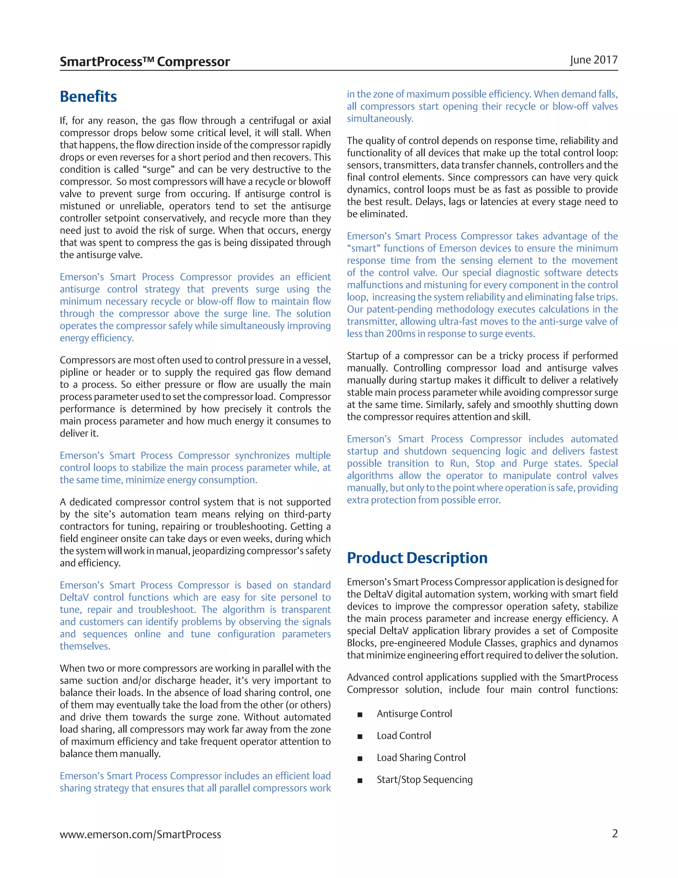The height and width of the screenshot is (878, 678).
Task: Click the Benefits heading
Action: coord(88,97)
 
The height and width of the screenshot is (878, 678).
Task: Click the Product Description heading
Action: coord(417,558)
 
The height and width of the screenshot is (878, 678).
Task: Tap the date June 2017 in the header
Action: coord(593,60)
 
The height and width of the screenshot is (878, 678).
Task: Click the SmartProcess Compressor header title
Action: coord(145,62)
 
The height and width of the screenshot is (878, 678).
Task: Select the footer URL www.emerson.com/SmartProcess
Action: coord(140,835)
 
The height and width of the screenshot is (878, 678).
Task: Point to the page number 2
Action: coord(614,833)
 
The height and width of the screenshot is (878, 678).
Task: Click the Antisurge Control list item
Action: coord(414,714)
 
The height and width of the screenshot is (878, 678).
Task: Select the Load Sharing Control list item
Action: coord(421,757)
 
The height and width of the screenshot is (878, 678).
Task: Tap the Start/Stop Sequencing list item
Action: coord(424,780)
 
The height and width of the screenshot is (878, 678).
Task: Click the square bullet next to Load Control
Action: coord(360,737)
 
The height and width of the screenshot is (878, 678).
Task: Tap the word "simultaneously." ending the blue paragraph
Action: coord(380,119)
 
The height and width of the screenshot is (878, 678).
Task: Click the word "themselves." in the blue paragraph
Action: coord(85,646)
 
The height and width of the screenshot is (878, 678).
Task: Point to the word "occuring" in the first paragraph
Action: coord(213,194)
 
